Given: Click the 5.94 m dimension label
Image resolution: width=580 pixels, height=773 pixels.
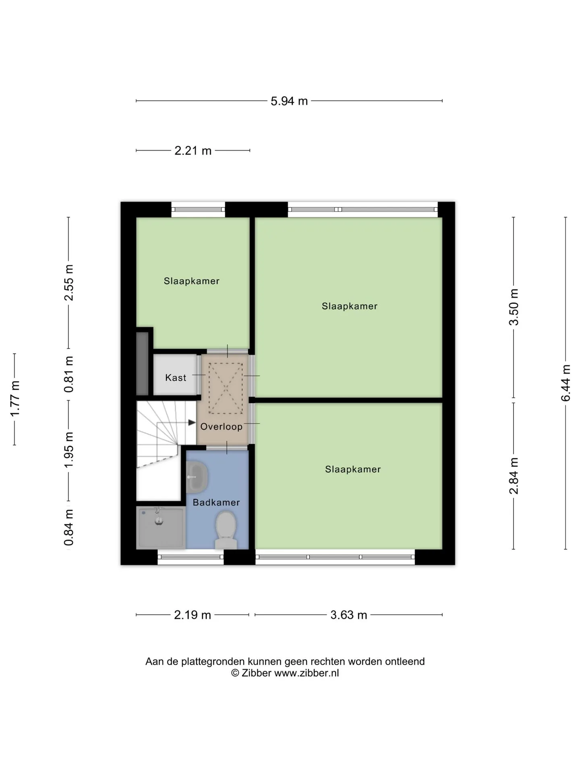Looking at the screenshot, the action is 289,101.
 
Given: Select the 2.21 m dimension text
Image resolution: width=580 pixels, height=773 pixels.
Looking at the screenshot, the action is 193,151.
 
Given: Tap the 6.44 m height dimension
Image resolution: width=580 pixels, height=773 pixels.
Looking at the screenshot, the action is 565,383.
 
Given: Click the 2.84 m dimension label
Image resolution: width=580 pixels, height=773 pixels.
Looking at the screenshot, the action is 514,476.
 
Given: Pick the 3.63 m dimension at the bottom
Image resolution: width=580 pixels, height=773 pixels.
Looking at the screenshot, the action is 348,615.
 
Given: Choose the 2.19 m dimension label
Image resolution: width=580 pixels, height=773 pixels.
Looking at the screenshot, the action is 193,615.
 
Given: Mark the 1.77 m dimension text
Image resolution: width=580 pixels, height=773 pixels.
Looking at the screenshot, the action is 14,399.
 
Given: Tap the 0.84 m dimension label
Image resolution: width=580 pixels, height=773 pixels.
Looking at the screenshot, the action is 68,527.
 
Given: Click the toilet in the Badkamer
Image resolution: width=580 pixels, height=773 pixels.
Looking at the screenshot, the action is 226,530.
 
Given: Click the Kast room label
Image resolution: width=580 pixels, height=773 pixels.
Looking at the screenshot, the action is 176,378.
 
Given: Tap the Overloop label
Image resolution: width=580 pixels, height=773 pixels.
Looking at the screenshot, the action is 222,427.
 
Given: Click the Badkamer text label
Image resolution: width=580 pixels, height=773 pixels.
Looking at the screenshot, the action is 216,502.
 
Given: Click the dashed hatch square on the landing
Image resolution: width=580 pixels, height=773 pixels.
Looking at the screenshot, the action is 226,389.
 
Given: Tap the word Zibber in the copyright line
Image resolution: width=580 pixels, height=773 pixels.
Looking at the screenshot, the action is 256,673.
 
